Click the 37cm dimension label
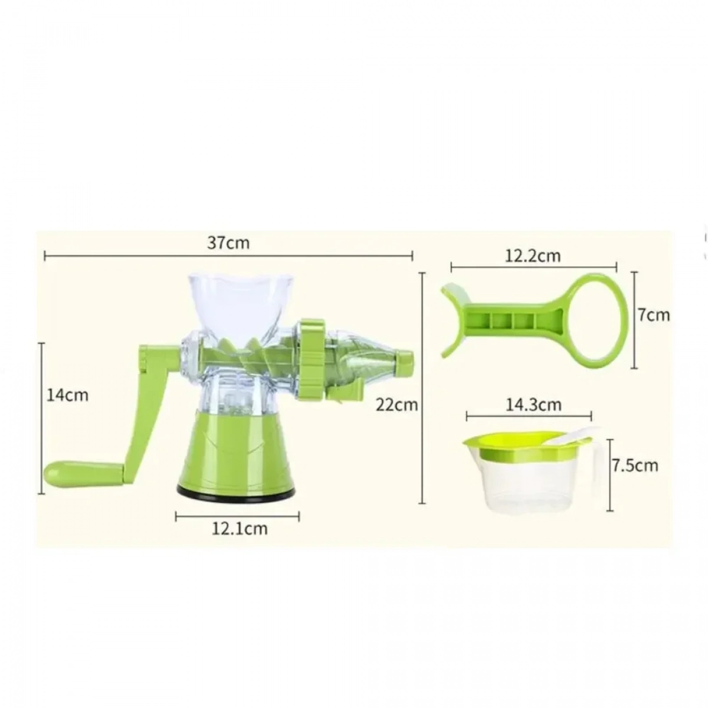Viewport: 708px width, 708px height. tap(228, 243)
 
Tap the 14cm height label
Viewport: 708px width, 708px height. tap(68, 395)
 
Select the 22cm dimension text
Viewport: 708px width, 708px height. tap(397, 405)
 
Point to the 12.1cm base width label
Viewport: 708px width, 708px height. tap(240, 529)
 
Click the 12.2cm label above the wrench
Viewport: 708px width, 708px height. tap(533, 256)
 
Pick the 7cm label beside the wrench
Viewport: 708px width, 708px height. tap(654, 315)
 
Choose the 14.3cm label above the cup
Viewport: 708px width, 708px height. tap(534, 405)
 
